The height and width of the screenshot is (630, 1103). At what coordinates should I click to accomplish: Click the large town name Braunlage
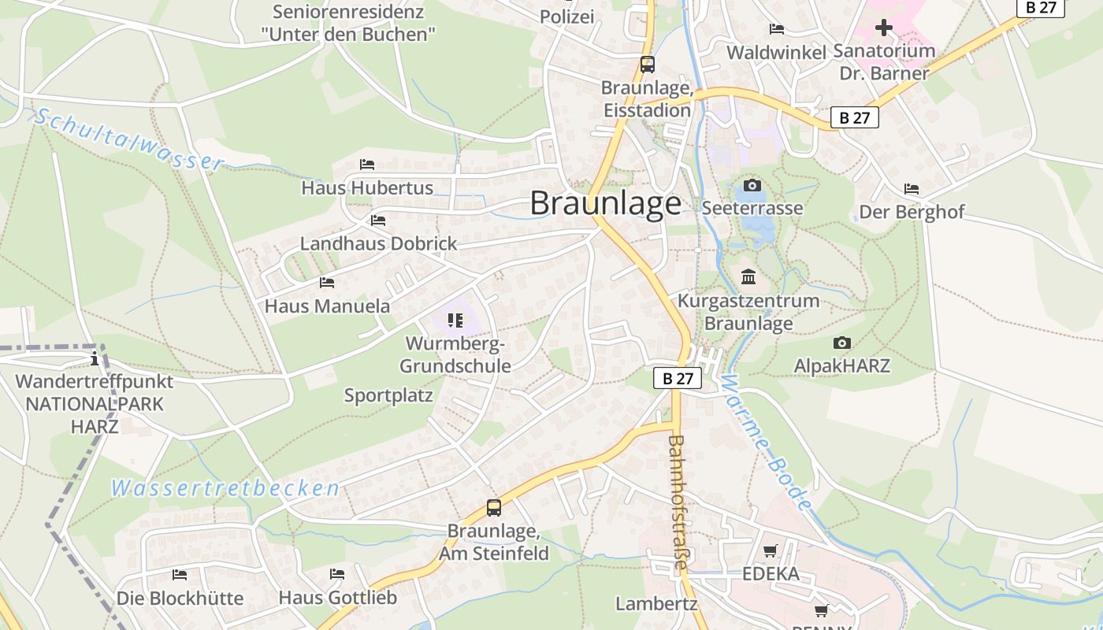605,203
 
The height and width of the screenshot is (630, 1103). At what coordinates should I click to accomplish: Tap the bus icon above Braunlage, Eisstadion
647,65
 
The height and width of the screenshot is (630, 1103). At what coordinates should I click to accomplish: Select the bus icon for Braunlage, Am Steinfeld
494,508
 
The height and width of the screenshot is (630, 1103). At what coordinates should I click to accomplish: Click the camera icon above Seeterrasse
752,186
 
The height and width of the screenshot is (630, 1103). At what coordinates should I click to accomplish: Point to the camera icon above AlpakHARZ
842,343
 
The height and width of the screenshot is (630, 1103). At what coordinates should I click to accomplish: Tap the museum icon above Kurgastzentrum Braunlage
748,277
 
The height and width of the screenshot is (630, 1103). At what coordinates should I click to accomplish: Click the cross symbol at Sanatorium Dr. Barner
884,28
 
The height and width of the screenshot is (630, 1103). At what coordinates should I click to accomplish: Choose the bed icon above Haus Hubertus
367,165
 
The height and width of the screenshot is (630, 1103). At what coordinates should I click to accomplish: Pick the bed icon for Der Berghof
912,189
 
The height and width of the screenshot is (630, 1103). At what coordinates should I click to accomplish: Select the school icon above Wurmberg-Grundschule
455,321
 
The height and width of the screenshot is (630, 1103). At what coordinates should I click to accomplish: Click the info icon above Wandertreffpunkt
95,359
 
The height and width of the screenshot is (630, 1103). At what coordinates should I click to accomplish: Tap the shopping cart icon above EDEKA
771,551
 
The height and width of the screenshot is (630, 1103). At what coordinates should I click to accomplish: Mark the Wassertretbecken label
225,488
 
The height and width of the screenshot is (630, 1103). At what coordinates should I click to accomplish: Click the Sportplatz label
388,395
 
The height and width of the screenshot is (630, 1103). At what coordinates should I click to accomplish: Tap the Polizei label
567,17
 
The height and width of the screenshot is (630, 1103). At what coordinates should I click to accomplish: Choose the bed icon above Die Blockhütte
180,575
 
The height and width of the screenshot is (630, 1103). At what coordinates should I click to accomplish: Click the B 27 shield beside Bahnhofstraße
678,379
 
